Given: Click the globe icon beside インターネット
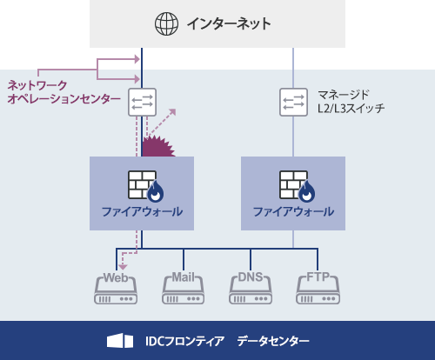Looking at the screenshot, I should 165,23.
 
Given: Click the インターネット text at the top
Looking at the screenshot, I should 229,23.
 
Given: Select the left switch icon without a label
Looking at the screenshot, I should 142,102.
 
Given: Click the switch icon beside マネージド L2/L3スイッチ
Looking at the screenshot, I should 293,102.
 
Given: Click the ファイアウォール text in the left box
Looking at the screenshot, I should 142,212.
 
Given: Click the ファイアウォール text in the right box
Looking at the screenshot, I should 293,212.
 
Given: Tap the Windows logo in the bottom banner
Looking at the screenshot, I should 120,341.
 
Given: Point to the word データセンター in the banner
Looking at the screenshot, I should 272,341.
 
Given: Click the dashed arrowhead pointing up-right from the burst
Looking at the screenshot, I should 172,112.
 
